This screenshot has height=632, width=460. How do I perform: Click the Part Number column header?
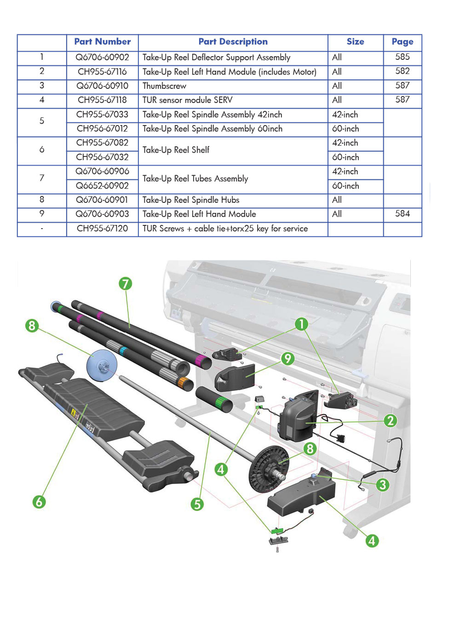pyautogui.click(x=102, y=42)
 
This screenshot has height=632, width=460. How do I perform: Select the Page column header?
pyautogui.click(x=402, y=42)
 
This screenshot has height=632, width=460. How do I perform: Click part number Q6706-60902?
pyautogui.click(x=102, y=57)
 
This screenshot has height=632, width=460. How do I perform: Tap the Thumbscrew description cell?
pyautogui.click(x=164, y=86)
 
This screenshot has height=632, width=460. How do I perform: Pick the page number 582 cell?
pyautogui.click(x=402, y=71)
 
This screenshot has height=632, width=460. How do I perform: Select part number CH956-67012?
pyautogui.click(x=102, y=129)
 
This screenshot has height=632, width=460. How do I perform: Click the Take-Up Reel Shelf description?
pyautogui.click(x=176, y=150)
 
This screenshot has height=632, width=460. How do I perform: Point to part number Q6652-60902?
pyautogui.click(x=102, y=186)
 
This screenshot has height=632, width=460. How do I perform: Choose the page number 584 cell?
pyautogui.click(x=402, y=214)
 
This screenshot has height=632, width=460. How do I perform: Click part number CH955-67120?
pyautogui.click(x=102, y=229)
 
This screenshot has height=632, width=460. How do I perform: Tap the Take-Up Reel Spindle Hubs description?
pyautogui.click(x=191, y=200)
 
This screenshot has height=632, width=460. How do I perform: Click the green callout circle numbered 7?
pyautogui.click(x=125, y=283)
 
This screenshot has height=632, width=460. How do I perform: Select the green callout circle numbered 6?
pyautogui.click(x=39, y=501)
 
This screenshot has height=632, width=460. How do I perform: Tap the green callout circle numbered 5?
pyautogui.click(x=197, y=504)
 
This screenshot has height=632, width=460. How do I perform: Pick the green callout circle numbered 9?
pyautogui.click(x=287, y=358)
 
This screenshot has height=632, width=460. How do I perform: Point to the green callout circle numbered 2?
pyautogui.click(x=390, y=420)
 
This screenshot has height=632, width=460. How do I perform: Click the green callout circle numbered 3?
pyautogui.click(x=382, y=485)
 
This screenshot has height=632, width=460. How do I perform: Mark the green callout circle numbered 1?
pyautogui.click(x=301, y=324)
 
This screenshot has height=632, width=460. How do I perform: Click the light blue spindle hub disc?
pyautogui.click(x=102, y=366)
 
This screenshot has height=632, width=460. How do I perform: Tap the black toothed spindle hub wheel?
pyautogui.click(x=269, y=469)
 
